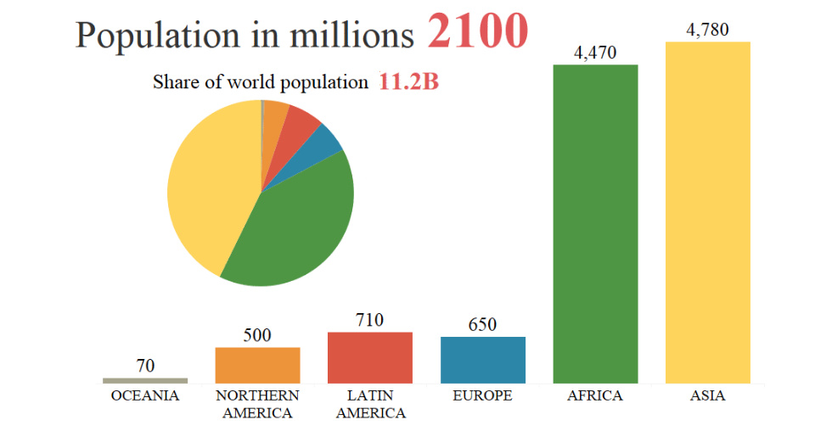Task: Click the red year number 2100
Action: [x=478, y=31]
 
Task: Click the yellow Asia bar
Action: [x=707, y=212]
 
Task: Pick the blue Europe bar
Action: [x=483, y=359]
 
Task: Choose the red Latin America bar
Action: [x=370, y=356]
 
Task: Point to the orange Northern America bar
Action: [x=257, y=365]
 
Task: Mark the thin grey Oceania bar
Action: [x=145, y=380]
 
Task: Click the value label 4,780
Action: [x=707, y=30]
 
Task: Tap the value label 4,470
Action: [x=595, y=53]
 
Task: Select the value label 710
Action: [x=370, y=320]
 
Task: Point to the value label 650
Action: [x=482, y=325]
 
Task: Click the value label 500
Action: [x=257, y=335]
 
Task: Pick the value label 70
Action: [x=145, y=366]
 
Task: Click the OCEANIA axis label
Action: [x=145, y=396]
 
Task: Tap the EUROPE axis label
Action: [x=482, y=396]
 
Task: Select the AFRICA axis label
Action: [x=595, y=396]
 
